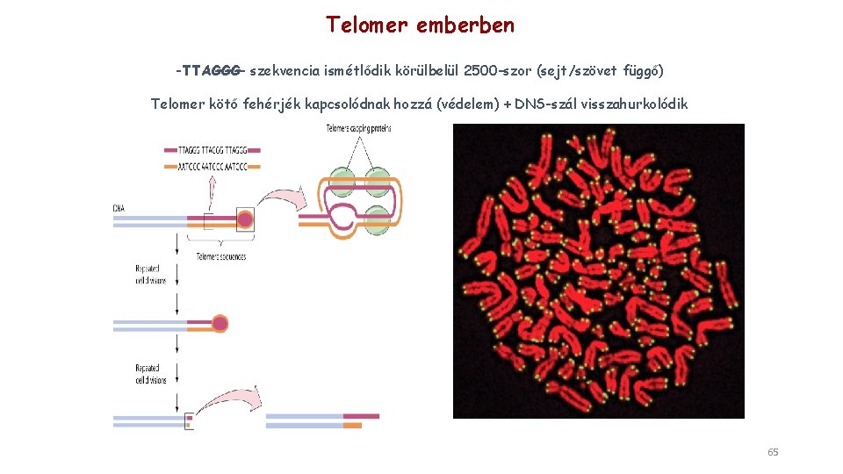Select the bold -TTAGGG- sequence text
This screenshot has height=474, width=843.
point(211,68)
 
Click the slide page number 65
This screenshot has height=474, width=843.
point(773,452)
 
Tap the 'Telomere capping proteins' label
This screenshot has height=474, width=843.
point(358,129)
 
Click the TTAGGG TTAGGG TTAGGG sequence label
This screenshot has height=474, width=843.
point(213,149)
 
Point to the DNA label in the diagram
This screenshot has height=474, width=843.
point(119,207)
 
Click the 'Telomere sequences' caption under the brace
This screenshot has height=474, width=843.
point(220,256)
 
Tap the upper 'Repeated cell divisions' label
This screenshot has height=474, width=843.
point(150,274)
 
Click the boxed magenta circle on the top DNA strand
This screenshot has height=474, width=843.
point(245,219)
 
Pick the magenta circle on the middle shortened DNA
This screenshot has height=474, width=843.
point(220,323)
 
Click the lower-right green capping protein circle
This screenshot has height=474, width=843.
point(378,219)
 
